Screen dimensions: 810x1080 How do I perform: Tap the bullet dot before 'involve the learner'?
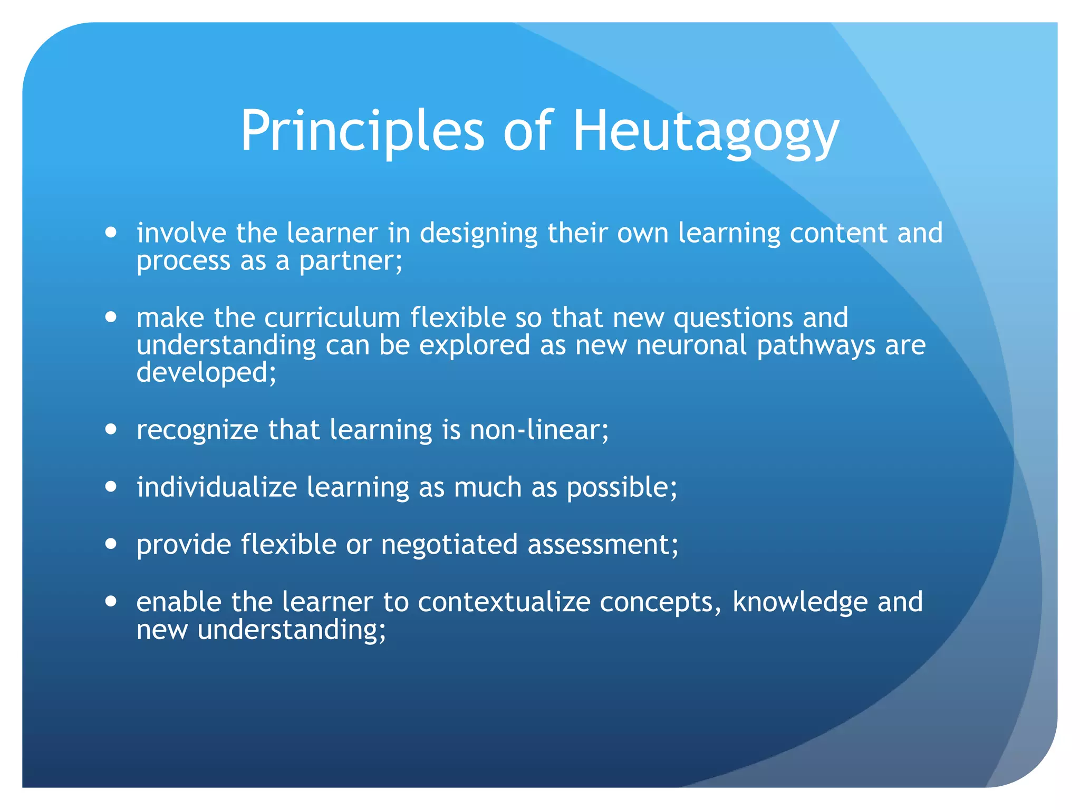pyautogui.click(x=111, y=232)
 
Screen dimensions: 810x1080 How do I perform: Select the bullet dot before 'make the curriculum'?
pyautogui.click(x=111, y=317)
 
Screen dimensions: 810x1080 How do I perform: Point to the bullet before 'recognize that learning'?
pyautogui.click(x=111, y=429)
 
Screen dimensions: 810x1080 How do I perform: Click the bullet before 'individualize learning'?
pyautogui.click(x=111, y=486)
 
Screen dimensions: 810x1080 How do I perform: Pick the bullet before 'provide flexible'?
pyautogui.click(x=111, y=543)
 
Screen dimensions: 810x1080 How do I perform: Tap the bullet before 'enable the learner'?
pyautogui.click(x=111, y=601)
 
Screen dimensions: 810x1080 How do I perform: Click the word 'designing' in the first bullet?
pyautogui.click(x=478, y=234)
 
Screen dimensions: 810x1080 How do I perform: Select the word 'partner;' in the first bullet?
pyautogui.click(x=351, y=261)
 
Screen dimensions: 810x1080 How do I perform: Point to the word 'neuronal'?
pyautogui.click(x=691, y=345)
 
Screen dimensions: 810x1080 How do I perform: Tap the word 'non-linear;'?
pyautogui.click(x=539, y=430)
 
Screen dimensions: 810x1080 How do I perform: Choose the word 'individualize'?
pyautogui.click(x=217, y=487)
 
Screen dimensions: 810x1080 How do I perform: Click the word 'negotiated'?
pyautogui.click(x=449, y=544)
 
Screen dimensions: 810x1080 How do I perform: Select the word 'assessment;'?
pyautogui.click(x=603, y=544)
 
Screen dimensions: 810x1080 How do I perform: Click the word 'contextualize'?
pyautogui.click(x=504, y=602)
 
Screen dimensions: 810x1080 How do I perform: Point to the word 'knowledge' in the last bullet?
pyautogui.click(x=800, y=602)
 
